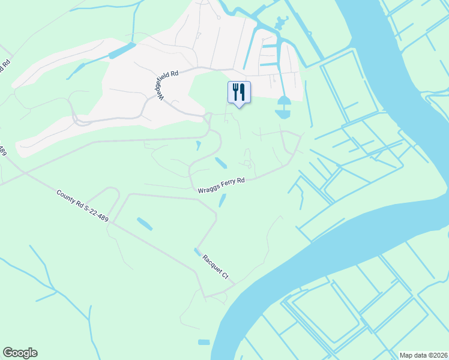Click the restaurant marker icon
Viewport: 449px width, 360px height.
tap(239, 92)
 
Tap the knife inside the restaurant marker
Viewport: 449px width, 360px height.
tap(243, 91)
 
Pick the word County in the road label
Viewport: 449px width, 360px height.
tap(67, 197)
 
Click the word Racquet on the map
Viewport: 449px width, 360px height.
tap(213, 264)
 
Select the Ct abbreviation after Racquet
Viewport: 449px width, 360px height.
tap(226, 275)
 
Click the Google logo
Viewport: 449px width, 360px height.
tap(20, 353)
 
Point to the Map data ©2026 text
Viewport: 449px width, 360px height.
tap(423, 355)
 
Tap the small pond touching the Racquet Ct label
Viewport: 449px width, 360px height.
tap(197, 251)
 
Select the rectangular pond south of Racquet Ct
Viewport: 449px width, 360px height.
tap(204, 342)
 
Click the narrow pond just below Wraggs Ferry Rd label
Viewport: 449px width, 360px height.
tap(222, 201)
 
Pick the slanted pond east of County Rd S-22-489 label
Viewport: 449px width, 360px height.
tap(145, 224)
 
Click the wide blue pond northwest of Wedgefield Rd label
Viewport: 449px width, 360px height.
tap(122, 51)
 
